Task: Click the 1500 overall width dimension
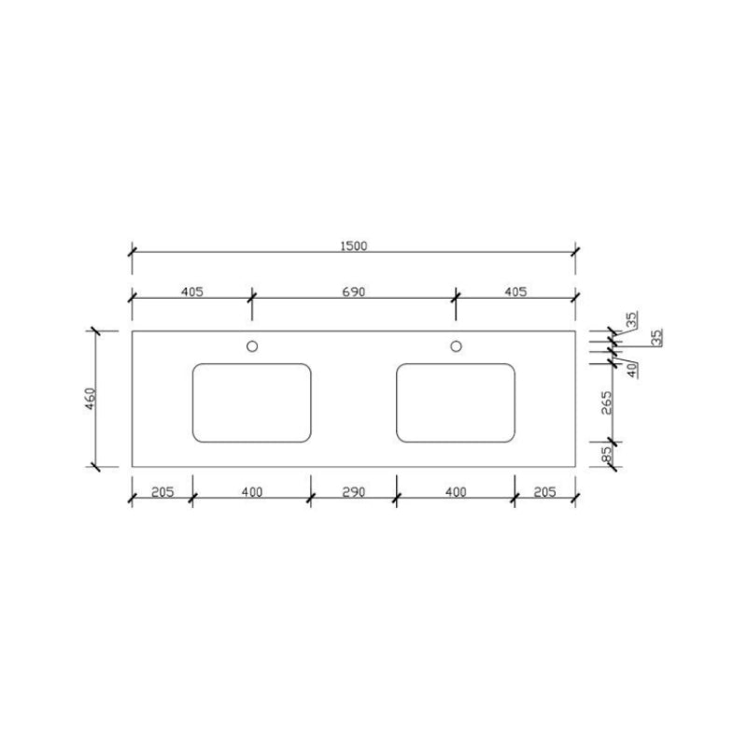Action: pos(354,246)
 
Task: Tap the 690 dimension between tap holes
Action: pos(354,291)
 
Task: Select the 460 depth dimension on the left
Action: pos(90,399)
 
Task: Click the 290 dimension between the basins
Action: pos(354,492)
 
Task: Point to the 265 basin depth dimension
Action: pos(606,403)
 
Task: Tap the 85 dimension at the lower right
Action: pos(606,454)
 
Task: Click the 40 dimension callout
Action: pos(632,370)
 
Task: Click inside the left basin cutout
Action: pos(251,403)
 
